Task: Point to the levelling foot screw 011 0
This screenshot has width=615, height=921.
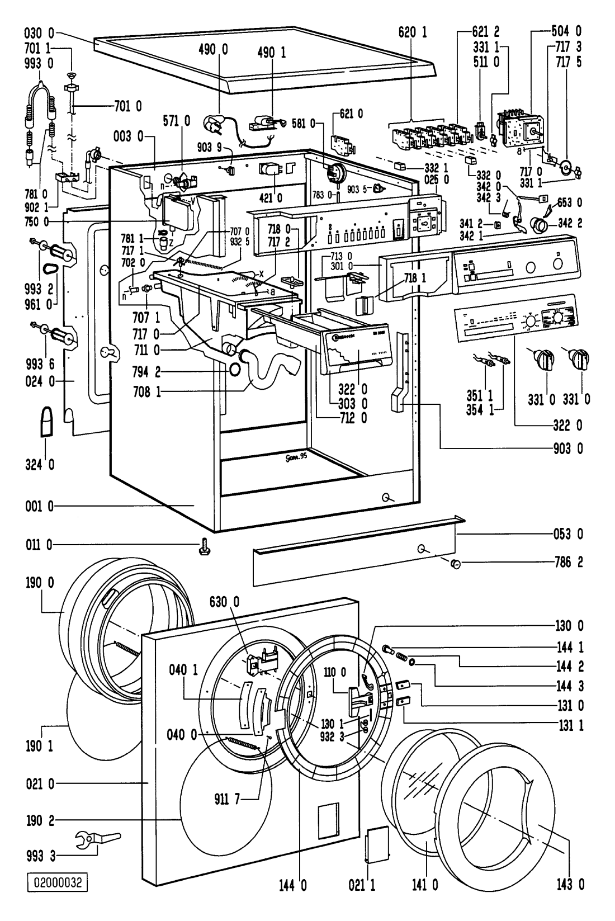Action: [x=202, y=545]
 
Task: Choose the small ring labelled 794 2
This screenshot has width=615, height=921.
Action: [x=235, y=369]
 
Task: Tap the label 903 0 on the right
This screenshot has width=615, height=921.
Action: [x=568, y=448]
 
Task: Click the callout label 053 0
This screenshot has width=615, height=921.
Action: [x=569, y=534]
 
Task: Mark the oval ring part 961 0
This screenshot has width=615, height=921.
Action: [x=54, y=268]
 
